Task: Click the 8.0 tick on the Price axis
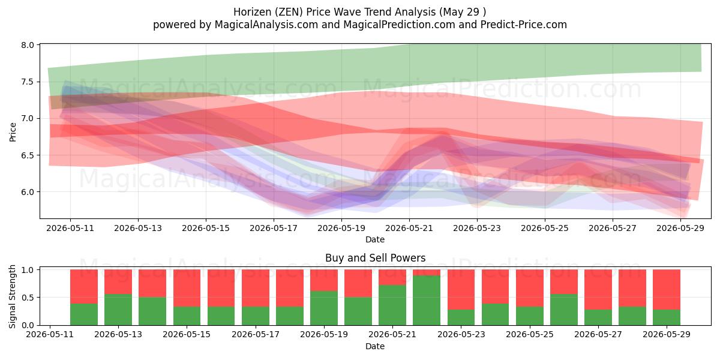coord(28,45)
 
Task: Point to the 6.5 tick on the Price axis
coord(28,155)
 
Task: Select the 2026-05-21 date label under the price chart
coord(409,228)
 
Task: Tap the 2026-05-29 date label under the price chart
coord(680,228)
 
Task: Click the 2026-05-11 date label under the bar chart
coord(50,334)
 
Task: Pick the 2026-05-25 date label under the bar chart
coord(530,334)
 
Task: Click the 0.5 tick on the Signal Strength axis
coord(28,298)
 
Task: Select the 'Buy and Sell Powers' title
coord(375,258)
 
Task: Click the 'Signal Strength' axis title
coord(12,296)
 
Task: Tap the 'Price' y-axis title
coord(13,132)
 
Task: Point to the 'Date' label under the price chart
coord(375,239)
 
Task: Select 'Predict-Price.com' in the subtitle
coord(524,25)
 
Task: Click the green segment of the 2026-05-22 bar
coord(427,300)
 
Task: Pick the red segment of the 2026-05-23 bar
coord(461,290)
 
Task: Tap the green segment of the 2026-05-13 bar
coord(118,310)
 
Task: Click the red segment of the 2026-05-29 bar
coord(667,290)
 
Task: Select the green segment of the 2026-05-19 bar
coord(323,308)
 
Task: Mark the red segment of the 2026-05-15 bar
coord(187,288)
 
